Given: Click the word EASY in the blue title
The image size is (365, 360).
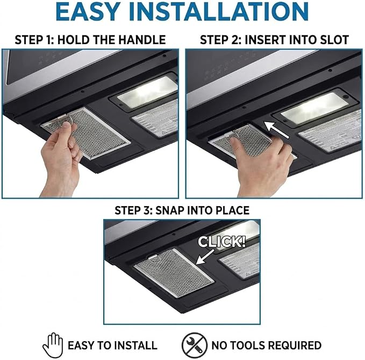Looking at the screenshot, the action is [x=87, y=12].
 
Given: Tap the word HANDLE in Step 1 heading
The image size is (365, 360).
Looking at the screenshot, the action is [x=142, y=40].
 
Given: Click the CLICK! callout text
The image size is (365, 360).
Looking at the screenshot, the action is [x=222, y=242].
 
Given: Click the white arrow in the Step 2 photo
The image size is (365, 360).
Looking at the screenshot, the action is [x=276, y=130].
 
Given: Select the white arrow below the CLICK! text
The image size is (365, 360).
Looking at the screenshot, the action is [x=205, y=257].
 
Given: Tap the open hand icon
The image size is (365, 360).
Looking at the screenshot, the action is [x=53, y=345].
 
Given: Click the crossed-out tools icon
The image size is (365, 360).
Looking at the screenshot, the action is [x=195, y=345].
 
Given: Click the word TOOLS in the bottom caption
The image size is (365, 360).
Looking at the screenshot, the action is [x=248, y=345].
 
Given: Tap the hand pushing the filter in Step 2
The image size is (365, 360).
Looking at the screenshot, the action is [x=261, y=163].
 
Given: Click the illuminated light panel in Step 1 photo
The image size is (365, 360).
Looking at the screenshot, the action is [x=148, y=92].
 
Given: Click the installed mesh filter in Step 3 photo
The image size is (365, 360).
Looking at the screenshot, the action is [x=174, y=273].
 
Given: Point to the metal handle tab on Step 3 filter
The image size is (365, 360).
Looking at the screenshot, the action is [x=153, y=257].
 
